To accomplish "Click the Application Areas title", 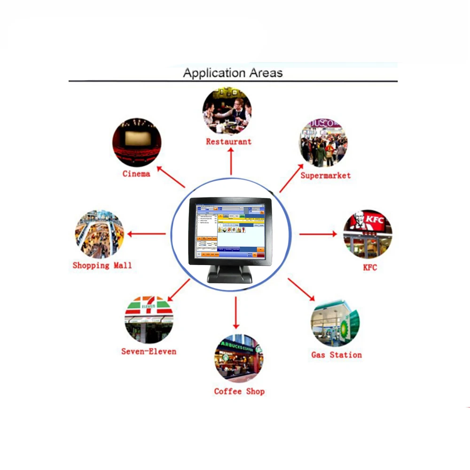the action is coord(233,73).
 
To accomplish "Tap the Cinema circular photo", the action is coord(137,142).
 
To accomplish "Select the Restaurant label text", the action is coord(229,141).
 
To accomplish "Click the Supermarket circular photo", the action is coord(323,143).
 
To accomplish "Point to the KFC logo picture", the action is coord(368,234).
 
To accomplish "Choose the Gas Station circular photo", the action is coord(335,323).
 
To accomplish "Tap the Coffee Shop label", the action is coord(239,392).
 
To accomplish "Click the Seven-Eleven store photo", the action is coord(149,320).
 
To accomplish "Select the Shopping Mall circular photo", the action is coord(99,234).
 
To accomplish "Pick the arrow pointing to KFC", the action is coord(318,234).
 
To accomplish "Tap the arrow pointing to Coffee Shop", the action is coord(236,313).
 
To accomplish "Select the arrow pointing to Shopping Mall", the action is coord(147,234).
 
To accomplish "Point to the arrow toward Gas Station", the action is coord(301,290).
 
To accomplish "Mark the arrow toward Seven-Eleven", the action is coord(179,290).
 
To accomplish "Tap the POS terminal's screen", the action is coord(229,229).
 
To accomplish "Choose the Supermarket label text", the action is coord(326,175).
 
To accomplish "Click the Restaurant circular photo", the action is coord(227,110).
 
